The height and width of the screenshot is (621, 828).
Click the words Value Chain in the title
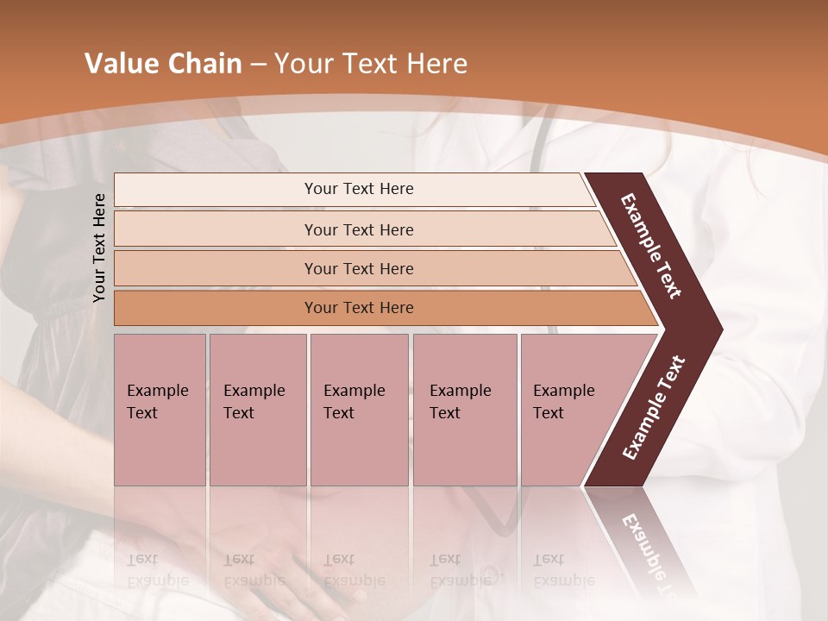pyautogui.click(x=163, y=64)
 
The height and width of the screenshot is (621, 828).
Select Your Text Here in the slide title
pyautogui.click(x=371, y=64)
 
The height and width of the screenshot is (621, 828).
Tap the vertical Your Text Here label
pyautogui.click(x=99, y=248)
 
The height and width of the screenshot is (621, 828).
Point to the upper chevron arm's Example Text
pyautogui.click(x=651, y=246)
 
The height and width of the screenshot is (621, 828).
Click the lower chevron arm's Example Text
pyautogui.click(x=654, y=408)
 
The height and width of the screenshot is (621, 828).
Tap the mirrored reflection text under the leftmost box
pyautogui.click(x=157, y=570)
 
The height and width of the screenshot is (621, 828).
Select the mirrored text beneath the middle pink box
pyautogui.click(x=354, y=570)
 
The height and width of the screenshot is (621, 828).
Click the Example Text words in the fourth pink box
pyautogui.click(x=460, y=402)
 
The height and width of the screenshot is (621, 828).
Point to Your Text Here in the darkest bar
pyautogui.click(x=359, y=308)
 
